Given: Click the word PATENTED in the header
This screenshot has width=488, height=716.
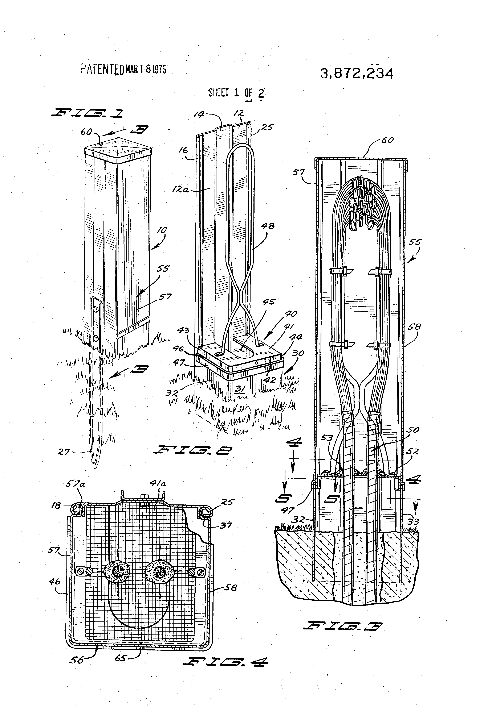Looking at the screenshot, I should coord(102,69).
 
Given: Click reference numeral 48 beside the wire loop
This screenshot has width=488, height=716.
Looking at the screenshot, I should coord(267,226).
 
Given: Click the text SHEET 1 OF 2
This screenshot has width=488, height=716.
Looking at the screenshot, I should coord(236,93).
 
